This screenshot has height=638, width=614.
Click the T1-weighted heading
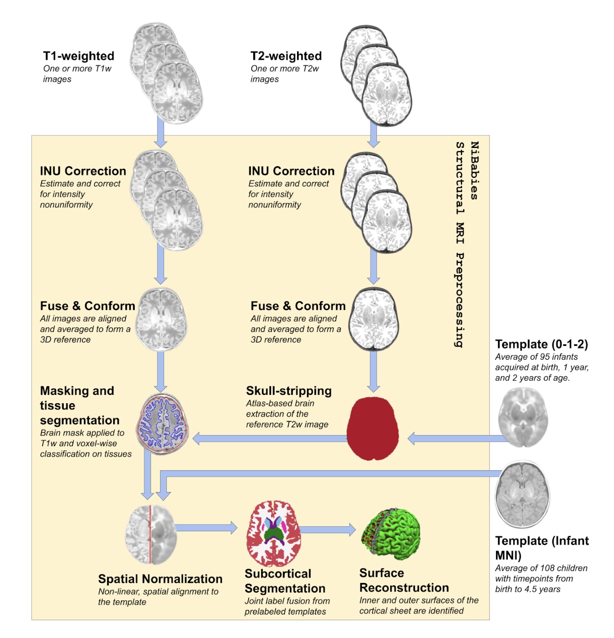coord(78,56)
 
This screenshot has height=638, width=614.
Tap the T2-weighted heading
coord(286,56)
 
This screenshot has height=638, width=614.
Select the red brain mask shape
coord(373,428)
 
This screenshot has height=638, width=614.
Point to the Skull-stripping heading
coord(289,391)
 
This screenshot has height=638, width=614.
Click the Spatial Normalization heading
coord(160,579)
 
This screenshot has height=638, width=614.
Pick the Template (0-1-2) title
coord(542,344)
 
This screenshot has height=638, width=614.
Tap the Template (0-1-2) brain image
coord(523,418)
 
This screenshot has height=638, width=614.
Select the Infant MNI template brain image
coord(523,495)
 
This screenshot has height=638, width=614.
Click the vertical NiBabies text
coord(474,171)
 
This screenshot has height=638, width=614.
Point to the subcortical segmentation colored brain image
coord(274,533)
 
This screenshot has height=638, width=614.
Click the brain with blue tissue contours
coord(163,424)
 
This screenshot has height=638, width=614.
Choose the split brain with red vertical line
coord(150,534)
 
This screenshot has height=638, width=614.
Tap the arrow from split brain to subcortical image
coord(206,528)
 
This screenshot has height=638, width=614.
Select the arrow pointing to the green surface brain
coord(327,529)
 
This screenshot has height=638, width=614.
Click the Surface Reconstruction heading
coord(404,580)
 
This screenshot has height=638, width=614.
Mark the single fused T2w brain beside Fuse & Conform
coord(374,320)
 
